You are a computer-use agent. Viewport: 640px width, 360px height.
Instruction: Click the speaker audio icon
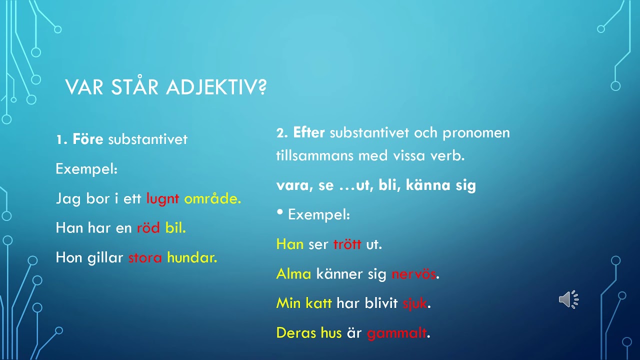pos(568,299)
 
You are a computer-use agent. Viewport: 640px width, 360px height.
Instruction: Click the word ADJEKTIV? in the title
pos(216,87)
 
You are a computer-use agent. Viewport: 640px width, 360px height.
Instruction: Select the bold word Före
pos(88,139)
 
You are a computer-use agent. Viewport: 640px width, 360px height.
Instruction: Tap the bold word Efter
pos(309,132)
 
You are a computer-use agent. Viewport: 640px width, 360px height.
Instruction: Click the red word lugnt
pos(162,199)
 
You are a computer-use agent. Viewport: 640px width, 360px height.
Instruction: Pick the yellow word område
pos(212,198)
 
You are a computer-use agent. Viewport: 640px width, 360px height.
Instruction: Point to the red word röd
pos(148,228)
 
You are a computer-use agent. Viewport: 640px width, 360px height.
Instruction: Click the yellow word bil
pos(175,228)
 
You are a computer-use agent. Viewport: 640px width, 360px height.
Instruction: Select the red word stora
pos(145,257)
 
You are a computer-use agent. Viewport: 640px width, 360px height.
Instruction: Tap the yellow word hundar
pos(192,257)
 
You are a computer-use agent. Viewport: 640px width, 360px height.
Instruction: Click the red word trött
pos(347,244)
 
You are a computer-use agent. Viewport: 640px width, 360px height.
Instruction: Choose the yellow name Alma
pos(293,273)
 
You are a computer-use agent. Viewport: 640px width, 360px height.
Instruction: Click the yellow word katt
pos(318,303)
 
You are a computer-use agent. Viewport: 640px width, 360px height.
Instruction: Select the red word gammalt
pos(397,333)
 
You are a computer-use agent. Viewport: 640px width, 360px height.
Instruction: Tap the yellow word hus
pos(331,333)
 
